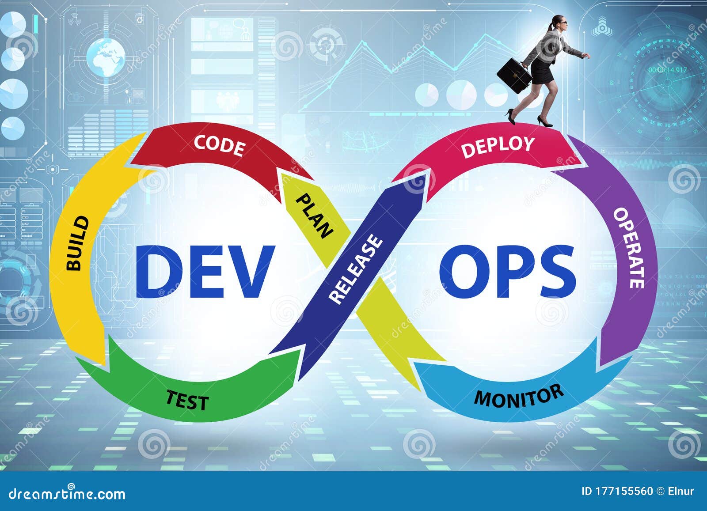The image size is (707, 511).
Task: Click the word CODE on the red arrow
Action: (219, 146)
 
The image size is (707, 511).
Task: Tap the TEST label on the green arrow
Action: (187, 400)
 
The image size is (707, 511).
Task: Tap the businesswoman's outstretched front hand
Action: (586, 56)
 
